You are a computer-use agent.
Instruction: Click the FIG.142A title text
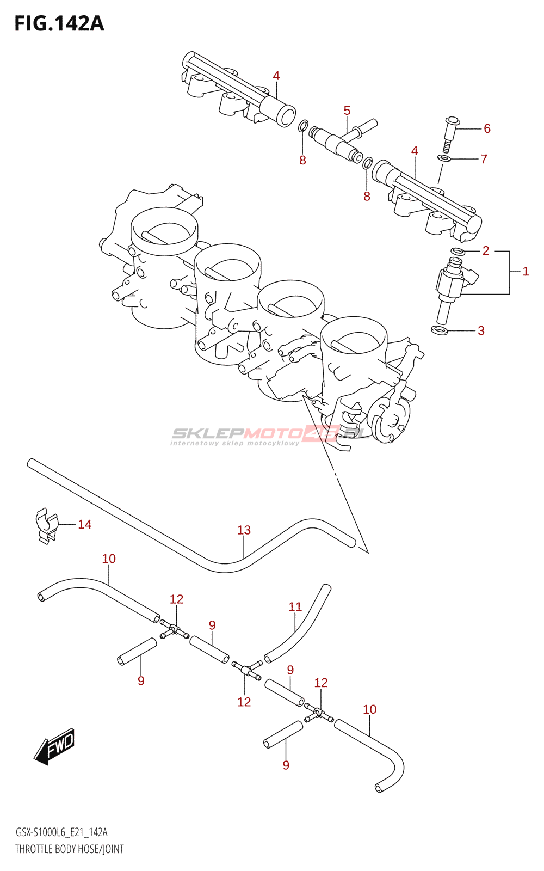[x=59, y=23]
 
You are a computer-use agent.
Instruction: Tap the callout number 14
[x=85, y=524]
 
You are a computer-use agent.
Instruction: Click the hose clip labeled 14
[x=46, y=525]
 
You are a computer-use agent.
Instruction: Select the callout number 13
[x=244, y=530]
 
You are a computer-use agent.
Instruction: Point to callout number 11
[x=295, y=606]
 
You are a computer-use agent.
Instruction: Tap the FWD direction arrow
[x=54, y=745]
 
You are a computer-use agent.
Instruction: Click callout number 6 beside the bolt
[x=487, y=128]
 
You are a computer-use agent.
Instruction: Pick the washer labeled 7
[x=444, y=158]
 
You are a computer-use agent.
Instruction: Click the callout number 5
[x=347, y=111]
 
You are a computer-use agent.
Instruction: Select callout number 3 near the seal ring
[x=481, y=330]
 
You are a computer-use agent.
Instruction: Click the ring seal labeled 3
[x=440, y=330]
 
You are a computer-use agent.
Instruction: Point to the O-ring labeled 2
[x=458, y=251]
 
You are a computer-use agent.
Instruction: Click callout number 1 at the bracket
[x=526, y=271]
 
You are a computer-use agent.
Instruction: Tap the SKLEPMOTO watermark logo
[x=267, y=435]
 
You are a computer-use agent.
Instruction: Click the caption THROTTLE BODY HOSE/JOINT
[x=69, y=849]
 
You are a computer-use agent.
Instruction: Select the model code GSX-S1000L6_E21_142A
[x=61, y=832]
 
